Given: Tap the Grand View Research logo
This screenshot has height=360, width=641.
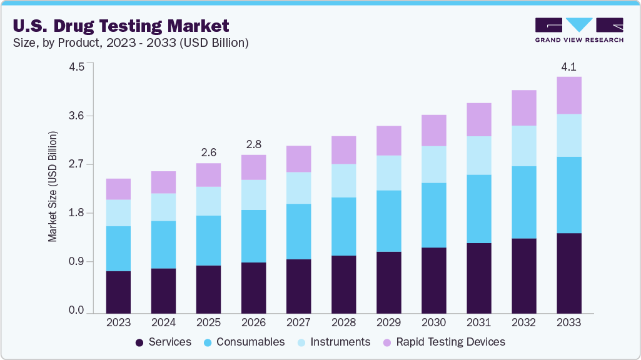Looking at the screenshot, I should pyautogui.click(x=579, y=30).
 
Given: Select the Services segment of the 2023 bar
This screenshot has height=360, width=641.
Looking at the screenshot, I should pyautogui.click(x=118, y=292).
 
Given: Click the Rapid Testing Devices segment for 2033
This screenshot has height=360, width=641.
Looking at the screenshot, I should pyautogui.click(x=568, y=95).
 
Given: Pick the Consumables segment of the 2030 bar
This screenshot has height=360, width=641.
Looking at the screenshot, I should pyautogui.click(x=433, y=215).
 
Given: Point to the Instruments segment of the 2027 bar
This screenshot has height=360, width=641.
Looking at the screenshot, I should pyautogui.click(x=298, y=187).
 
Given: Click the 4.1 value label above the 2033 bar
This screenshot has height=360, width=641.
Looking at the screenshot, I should pyautogui.click(x=568, y=66).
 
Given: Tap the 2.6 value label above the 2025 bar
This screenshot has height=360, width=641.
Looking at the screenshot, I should pyautogui.click(x=208, y=152).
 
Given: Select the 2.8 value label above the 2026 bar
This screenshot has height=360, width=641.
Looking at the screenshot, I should pyautogui.click(x=253, y=144).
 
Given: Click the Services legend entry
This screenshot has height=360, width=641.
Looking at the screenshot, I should pyautogui.click(x=163, y=342).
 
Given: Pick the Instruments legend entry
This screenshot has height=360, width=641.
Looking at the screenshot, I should pyautogui.click(x=334, y=342).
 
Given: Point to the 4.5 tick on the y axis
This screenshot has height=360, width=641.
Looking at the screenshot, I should pyautogui.click(x=76, y=67).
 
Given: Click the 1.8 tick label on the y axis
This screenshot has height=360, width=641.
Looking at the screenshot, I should pyautogui.click(x=76, y=213).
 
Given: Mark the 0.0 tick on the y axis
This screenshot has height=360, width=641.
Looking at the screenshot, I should pyautogui.click(x=76, y=311).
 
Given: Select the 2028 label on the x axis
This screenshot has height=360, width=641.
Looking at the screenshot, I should pyautogui.click(x=343, y=322).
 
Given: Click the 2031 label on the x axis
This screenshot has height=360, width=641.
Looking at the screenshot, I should pyautogui.click(x=478, y=322).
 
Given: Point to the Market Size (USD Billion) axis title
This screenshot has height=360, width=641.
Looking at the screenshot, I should pyautogui.click(x=53, y=187).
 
